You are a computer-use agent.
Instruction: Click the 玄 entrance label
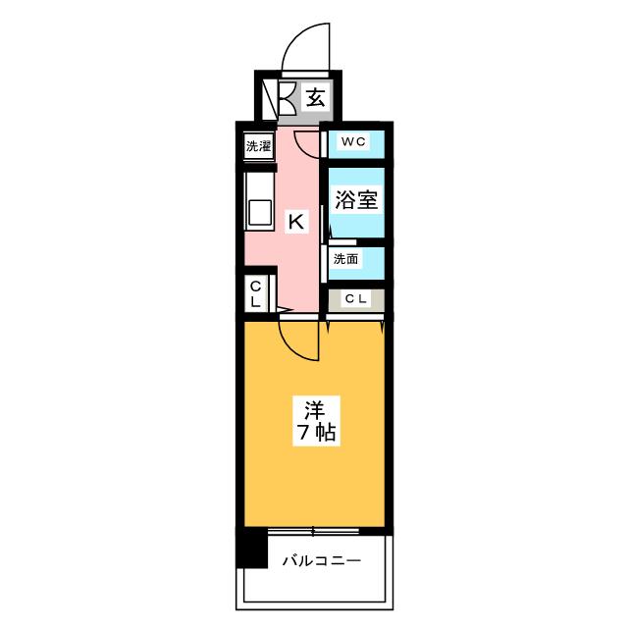[314, 97]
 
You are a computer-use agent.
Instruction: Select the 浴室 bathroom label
[356, 200]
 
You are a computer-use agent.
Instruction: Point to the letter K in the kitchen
[295, 222]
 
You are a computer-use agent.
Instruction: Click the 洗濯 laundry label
[258, 146]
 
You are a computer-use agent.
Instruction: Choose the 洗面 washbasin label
[344, 260]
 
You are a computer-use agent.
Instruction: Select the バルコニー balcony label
[322, 561]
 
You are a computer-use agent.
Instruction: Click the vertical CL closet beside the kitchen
[255, 293]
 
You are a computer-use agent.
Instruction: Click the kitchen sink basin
[259, 212]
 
